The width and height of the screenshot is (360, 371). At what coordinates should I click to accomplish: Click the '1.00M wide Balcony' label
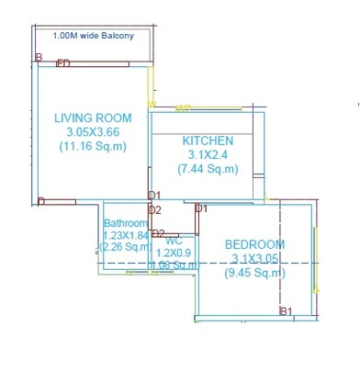click(93, 36)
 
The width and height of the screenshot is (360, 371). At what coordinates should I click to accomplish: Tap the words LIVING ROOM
click(93, 118)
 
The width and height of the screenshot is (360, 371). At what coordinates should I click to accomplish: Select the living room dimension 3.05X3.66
click(93, 132)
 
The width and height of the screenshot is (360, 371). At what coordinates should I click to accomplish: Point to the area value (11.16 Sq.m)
click(93, 146)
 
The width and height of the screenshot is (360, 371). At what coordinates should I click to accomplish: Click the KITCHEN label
click(208, 141)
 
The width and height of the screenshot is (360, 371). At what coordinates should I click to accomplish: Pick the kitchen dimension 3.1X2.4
click(208, 155)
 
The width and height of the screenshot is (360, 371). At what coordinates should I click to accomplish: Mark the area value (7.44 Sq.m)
click(208, 169)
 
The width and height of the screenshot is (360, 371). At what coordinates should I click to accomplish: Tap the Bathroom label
click(125, 223)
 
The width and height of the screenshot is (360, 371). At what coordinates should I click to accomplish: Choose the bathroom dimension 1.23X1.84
click(125, 235)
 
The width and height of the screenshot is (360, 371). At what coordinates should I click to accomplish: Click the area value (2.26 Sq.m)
click(125, 246)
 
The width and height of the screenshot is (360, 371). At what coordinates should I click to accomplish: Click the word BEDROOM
click(255, 244)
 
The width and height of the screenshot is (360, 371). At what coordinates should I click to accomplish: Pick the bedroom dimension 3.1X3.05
click(255, 258)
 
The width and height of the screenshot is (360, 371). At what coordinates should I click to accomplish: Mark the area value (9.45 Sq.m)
click(255, 272)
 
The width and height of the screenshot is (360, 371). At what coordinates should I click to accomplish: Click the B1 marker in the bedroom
click(286, 311)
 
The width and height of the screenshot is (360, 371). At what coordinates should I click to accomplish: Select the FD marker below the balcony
click(63, 63)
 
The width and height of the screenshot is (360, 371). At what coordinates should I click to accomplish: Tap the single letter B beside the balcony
click(39, 58)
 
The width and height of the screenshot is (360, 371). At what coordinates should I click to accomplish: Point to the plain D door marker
click(40, 201)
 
